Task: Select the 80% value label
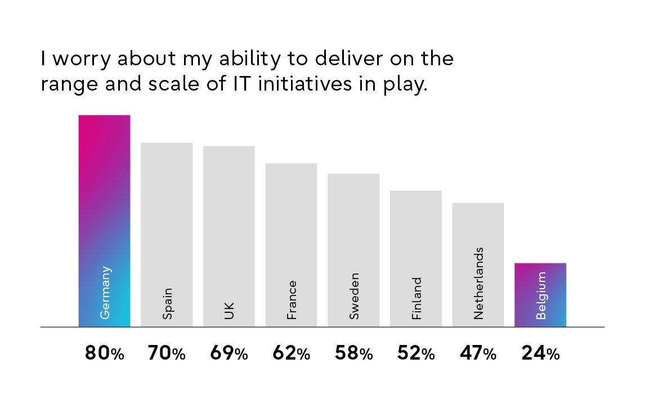[104, 353]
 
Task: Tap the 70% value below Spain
[167, 353]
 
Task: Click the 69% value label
[229, 353]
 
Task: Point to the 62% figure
[291, 353]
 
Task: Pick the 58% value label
[353, 353]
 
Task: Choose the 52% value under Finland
[416, 353]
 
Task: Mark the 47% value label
[478, 353]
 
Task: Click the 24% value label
[540, 353]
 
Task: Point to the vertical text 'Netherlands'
[478, 283]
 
